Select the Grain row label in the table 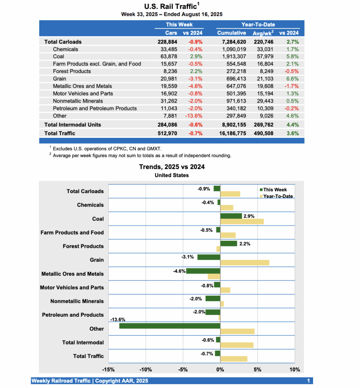[x=60, y=79]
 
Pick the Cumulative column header [x=232, y=33]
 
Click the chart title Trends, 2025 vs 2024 [x=172, y=167]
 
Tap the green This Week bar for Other [x=170, y=326]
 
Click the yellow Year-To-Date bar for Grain [x=244, y=263]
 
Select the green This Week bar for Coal [x=231, y=216]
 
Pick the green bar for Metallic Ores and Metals [x=203, y=271]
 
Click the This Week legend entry [x=275, y=190]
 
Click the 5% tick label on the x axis [x=257, y=370]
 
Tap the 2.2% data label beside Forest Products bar [x=245, y=244]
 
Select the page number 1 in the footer [x=308, y=381]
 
